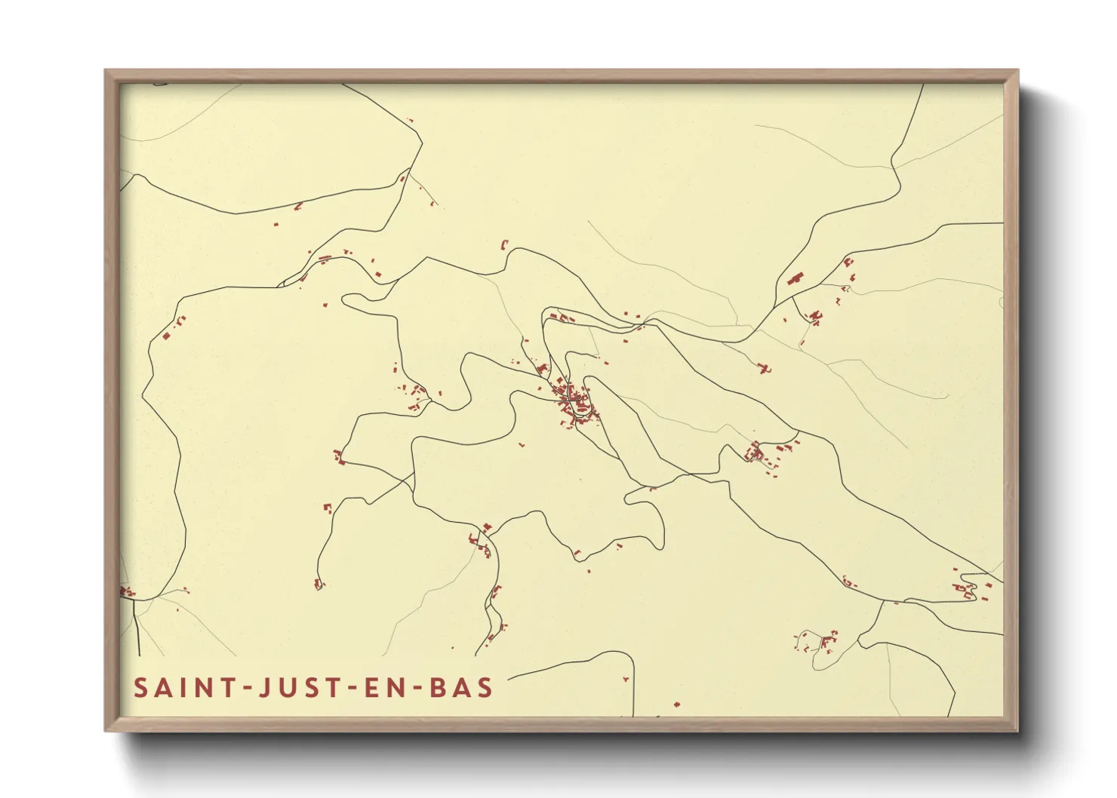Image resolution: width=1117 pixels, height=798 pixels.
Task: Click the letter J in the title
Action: point(265,688)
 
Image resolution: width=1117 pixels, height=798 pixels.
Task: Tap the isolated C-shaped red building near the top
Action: point(504,244)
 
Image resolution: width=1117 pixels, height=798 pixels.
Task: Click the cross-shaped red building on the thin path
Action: point(765,369)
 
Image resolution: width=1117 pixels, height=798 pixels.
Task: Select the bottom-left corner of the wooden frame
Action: point(106,729)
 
